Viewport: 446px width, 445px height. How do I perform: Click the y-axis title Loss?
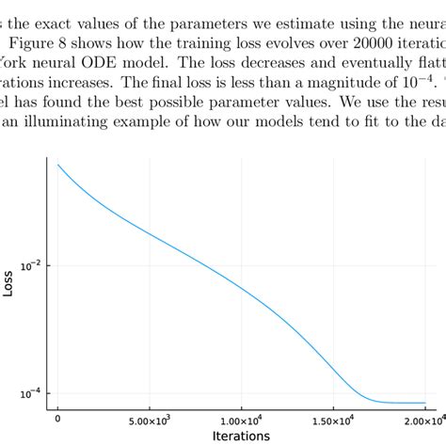pyautogui.click(x=8, y=282)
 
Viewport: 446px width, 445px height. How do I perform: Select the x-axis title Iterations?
pyautogui.click(x=241, y=436)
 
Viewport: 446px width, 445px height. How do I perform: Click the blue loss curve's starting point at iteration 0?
pyautogui.click(x=58, y=166)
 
